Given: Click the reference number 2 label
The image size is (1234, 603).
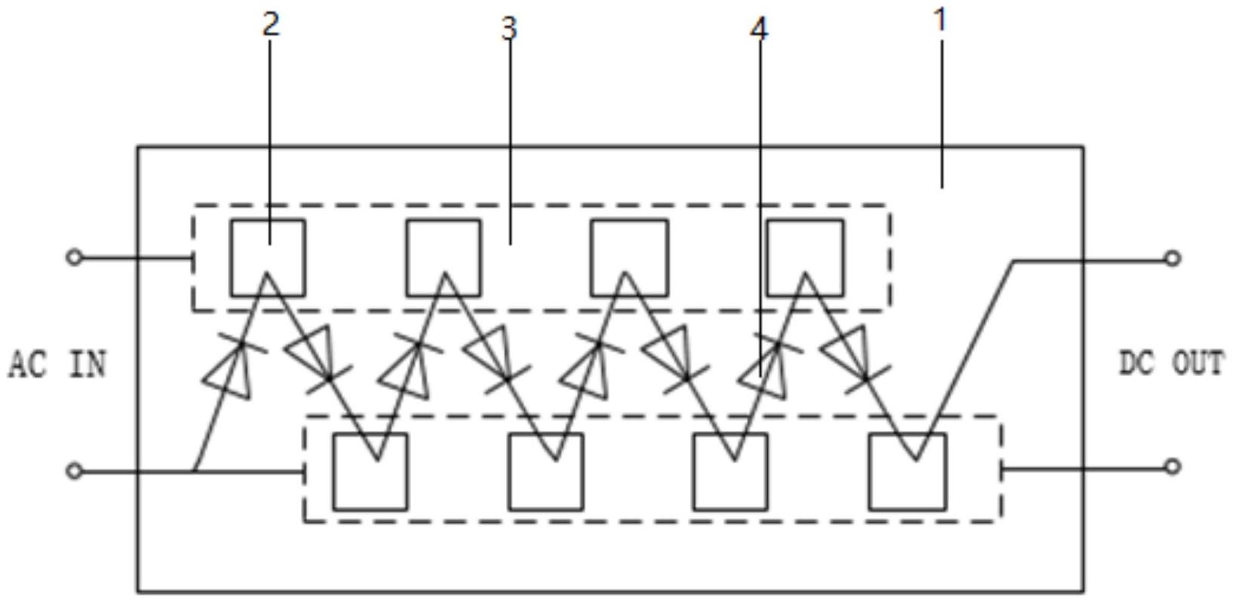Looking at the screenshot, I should coord(271,24).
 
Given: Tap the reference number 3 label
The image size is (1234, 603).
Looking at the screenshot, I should coord(509,29).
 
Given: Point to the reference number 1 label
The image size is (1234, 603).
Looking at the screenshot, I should coord(940,20).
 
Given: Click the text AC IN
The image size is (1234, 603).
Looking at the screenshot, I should coord(57,365).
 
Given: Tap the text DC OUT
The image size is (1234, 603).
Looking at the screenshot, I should coord(1171,364).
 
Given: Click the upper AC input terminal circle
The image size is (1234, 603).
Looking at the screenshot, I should coord(74,258).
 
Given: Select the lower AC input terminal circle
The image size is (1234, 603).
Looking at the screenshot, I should coord(74,472).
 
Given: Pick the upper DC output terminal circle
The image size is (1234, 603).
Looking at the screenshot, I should coord(1171,259).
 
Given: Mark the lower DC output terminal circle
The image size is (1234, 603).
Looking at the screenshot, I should coord(1171,467).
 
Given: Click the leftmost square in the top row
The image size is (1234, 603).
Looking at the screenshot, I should coord(268,258).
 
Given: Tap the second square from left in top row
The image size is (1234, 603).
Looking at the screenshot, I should coord(444,258).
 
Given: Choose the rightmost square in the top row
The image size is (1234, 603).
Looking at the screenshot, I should coord(805,258).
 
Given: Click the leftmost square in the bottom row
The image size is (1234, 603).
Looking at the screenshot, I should coord(370,472).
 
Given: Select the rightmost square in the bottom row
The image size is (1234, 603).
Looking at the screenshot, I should coord(907,472).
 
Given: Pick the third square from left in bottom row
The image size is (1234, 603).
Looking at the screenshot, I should coord(730,472).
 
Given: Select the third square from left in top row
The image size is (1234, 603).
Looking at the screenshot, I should coord(629,258).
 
